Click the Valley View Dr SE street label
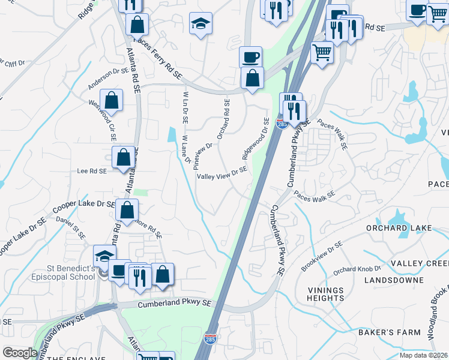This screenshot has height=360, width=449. click(x=222, y=173)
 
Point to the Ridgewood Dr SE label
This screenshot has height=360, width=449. click(x=255, y=139)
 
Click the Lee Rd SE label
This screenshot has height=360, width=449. click(x=91, y=171)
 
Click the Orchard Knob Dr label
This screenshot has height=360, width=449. click(x=358, y=269)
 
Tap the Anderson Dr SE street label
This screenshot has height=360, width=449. click(x=108, y=79)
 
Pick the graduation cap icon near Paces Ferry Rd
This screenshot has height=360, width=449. click(x=201, y=25)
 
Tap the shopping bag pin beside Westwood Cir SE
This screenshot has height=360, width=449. click(x=111, y=100)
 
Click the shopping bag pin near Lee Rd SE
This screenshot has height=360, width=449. click(x=123, y=158)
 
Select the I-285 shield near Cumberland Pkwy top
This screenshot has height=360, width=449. click(x=280, y=123)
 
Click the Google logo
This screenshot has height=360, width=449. click(x=20, y=353)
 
